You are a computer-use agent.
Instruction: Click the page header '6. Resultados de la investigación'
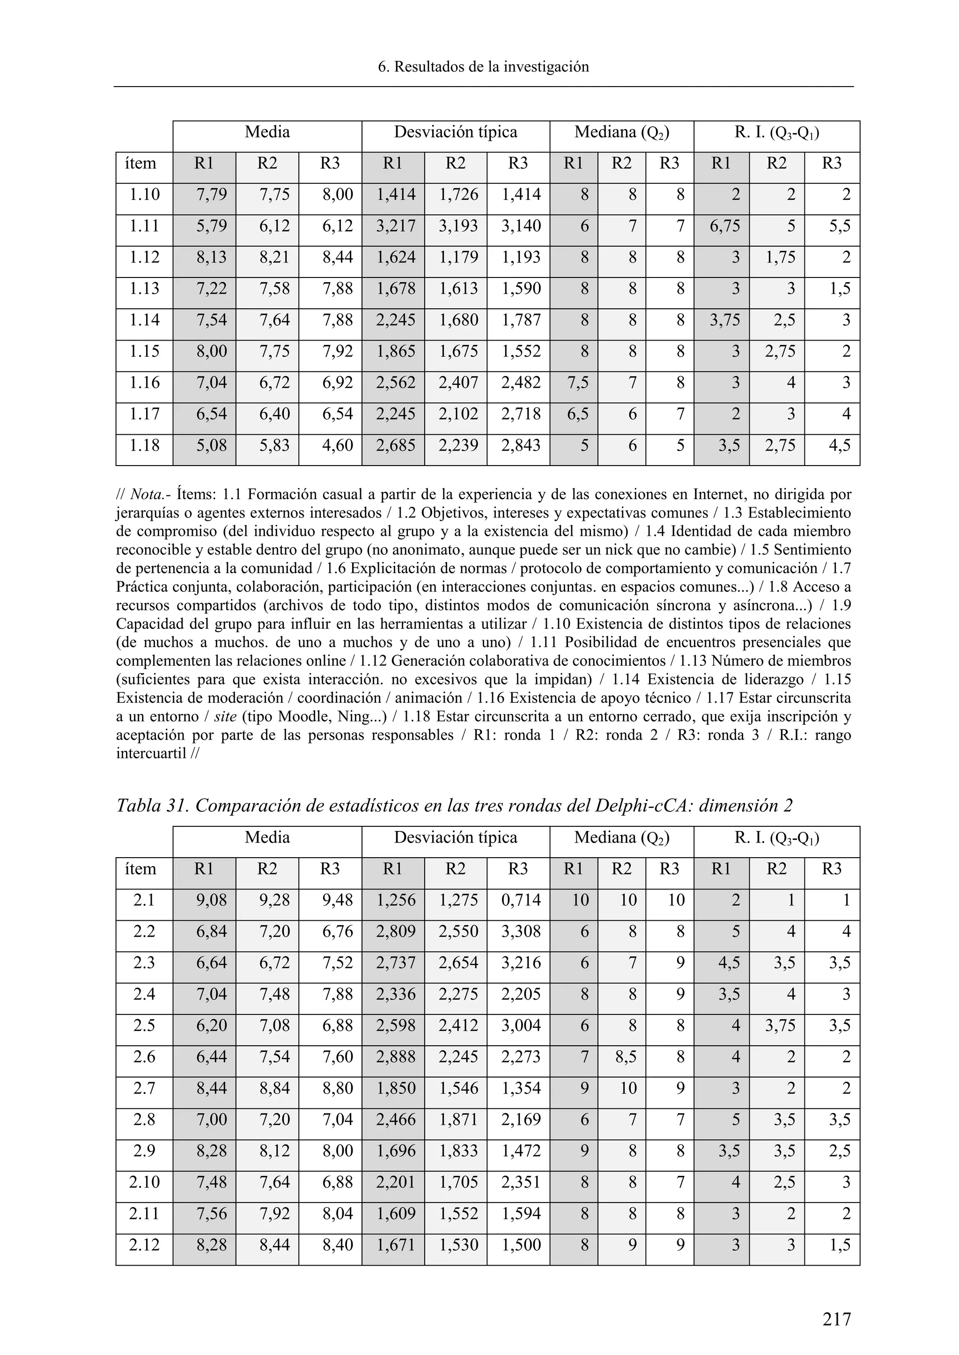coord(483,67)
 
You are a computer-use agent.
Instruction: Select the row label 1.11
coord(145,226)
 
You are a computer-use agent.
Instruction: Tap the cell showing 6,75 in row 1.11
coord(724,226)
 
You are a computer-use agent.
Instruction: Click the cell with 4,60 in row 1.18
coord(337,445)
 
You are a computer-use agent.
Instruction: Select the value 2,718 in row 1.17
coord(521,414)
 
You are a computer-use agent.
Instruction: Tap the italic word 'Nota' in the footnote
coord(143,494)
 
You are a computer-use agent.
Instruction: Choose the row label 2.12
coord(145,1245)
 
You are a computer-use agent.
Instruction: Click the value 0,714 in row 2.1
coord(521,900)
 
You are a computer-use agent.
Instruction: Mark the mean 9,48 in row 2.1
coord(337,900)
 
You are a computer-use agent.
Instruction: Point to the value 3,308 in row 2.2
coord(521,931)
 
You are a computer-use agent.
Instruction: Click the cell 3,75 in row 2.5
coord(780,1025)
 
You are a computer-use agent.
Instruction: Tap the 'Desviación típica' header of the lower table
coord(455,838)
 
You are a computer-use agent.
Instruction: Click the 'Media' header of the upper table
coord(267,131)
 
